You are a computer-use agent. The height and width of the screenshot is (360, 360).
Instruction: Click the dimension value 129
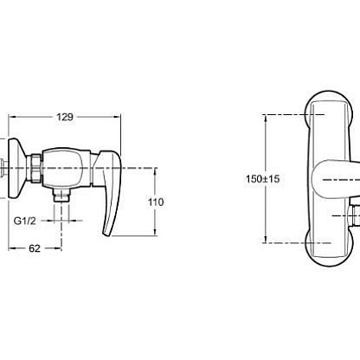pyautogui.click(x=65, y=117)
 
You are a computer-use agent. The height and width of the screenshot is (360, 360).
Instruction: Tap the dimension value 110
pyautogui.click(x=156, y=202)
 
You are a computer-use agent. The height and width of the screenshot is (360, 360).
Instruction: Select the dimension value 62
pyautogui.click(x=35, y=248)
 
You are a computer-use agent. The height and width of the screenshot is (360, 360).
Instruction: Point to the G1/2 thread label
pyautogui.click(x=25, y=221)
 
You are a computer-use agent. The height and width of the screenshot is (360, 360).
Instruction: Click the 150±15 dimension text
pyautogui.click(x=262, y=179)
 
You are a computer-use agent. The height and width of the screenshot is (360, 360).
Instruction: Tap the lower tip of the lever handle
pyautogui.click(x=106, y=235)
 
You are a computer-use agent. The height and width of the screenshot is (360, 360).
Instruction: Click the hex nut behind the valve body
pyautogui.click(x=35, y=168)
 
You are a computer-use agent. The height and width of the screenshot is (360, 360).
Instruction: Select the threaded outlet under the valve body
pyautogui.click(x=61, y=195)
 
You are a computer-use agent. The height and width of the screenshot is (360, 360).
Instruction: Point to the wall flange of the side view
pyautogui.click(x=16, y=168)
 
